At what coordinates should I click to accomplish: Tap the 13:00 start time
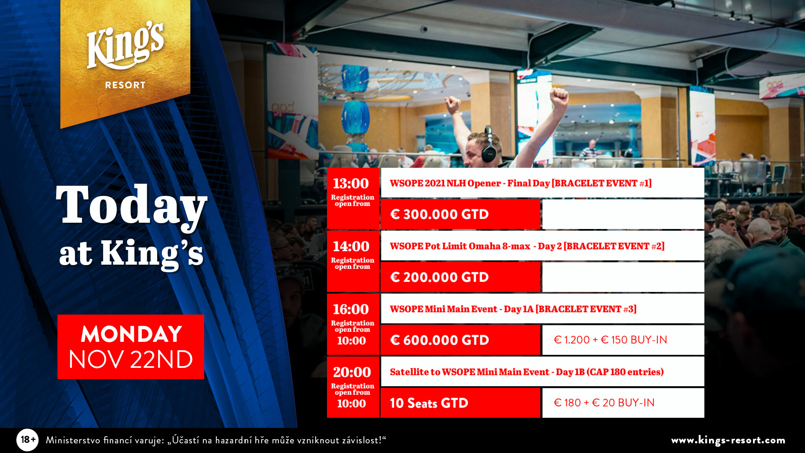point(351,184)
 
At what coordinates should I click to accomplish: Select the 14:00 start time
point(351,247)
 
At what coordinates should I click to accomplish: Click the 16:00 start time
point(351,310)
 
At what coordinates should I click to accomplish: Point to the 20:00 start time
point(352,372)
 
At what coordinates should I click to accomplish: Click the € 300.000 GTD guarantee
point(439,214)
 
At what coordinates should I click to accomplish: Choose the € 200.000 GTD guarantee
point(439,277)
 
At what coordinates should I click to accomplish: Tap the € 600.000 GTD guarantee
point(439,340)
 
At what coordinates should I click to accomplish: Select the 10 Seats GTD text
point(429,403)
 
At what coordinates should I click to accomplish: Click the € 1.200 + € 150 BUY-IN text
point(610,340)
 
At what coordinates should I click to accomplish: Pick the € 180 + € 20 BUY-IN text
point(604,403)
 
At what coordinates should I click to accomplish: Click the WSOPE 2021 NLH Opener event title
point(521,183)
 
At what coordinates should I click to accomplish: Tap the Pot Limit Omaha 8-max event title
point(527,246)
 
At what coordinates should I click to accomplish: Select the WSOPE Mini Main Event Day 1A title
point(513,309)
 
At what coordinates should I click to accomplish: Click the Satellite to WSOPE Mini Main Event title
point(527,372)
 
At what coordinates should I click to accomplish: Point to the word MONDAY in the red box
point(131,334)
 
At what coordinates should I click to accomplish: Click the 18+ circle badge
point(28,440)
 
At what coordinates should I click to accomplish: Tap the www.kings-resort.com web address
point(728,440)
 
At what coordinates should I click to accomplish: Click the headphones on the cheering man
point(488,145)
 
